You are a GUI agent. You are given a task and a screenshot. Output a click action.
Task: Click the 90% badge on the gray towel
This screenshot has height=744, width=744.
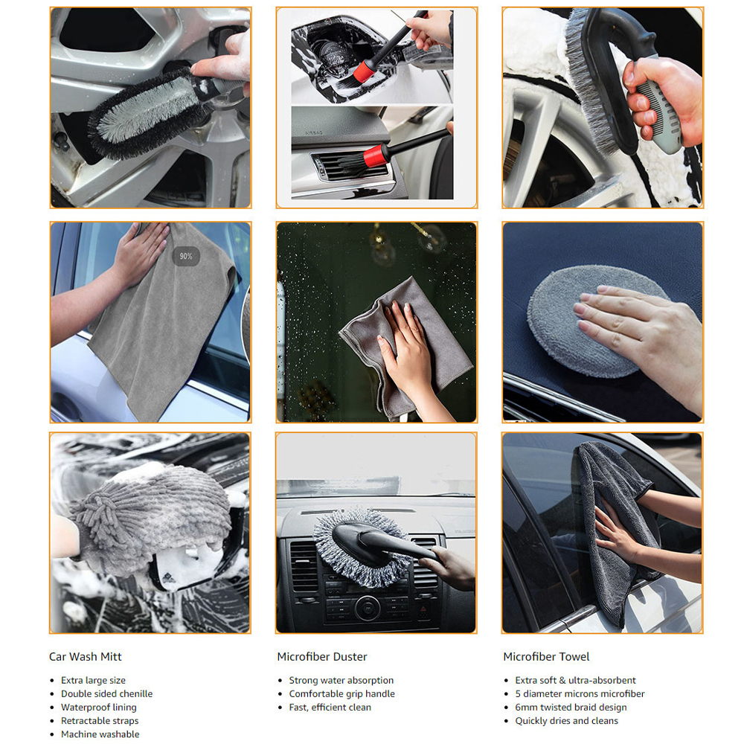pos(185,256)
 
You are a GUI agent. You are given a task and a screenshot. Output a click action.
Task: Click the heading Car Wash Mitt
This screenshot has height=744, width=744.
pos(86,657)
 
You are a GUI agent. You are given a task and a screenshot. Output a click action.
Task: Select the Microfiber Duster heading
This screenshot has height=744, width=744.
pos(322,657)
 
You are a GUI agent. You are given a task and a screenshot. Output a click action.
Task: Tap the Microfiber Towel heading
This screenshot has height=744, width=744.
pos(546,657)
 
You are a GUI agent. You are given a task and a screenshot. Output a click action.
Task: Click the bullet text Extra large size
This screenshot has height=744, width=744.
pos(93,681)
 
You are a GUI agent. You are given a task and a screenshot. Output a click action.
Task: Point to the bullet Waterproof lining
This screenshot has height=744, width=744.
pos(99,708)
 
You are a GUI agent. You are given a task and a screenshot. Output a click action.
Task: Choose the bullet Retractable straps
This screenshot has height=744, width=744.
pos(100,721)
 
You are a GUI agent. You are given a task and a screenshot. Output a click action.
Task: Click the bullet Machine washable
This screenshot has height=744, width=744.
pos(100,734)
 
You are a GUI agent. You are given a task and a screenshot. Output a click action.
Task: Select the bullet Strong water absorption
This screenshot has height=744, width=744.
pos(341,681)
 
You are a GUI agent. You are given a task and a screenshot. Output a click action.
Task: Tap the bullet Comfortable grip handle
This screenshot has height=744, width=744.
pos(341,693)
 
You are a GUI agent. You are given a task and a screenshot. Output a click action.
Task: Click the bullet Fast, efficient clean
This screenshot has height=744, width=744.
pos(330,708)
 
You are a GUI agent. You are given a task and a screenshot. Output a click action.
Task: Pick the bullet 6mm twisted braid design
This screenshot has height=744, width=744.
pos(571,708)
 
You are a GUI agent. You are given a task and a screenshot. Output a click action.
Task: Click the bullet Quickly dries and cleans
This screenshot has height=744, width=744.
pos(566,721)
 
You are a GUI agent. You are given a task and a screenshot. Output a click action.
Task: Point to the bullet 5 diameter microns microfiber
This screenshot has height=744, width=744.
pos(580,693)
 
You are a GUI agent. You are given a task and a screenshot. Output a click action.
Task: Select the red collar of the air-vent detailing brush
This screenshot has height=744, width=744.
pos(373,155)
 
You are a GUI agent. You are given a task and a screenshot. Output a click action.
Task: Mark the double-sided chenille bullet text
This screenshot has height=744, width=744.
pos(106,693)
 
